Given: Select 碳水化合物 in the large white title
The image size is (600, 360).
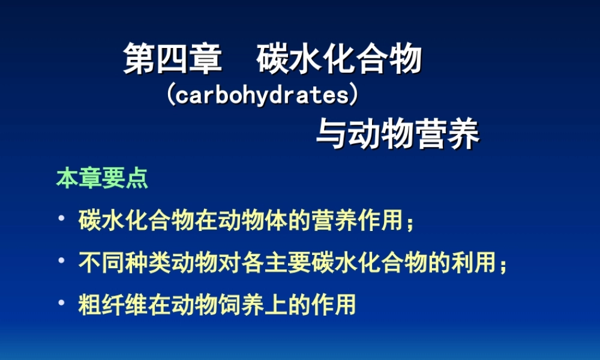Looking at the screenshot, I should click(339, 60).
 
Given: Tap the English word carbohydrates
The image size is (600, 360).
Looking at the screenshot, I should click(263, 95).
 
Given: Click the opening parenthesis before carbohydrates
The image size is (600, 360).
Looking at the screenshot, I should click(170, 95).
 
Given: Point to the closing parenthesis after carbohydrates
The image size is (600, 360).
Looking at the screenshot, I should click(355, 95).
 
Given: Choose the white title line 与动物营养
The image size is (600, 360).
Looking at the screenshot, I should click(397, 134).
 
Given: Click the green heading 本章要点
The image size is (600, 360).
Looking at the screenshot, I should click(102, 179).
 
